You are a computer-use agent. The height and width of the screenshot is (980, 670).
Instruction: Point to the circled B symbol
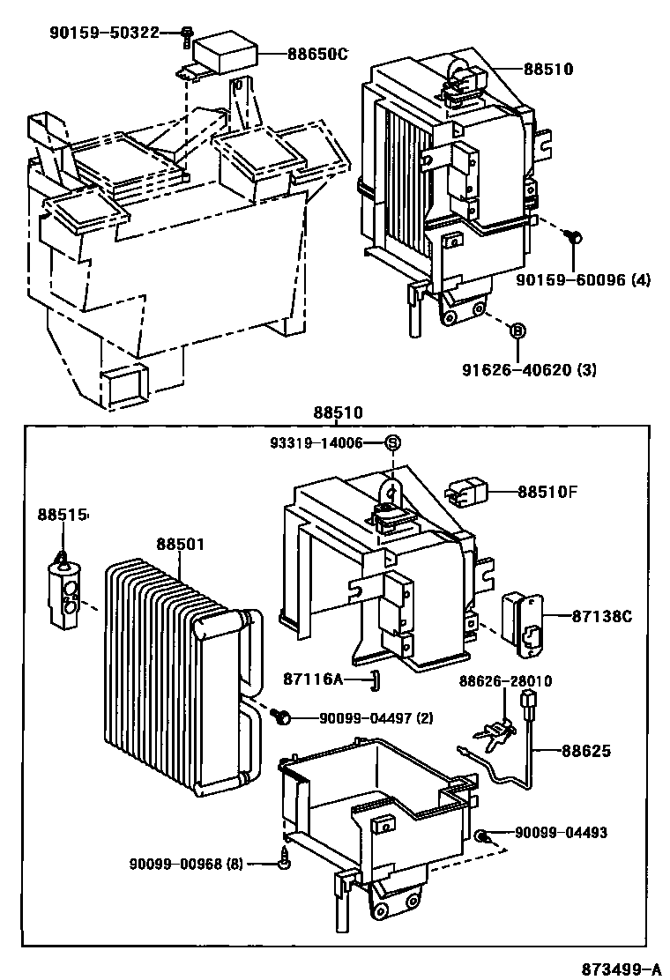[x=518, y=330]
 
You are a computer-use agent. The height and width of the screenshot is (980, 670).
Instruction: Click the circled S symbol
[x=393, y=442]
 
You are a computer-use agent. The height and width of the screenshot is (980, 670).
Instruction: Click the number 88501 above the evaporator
[x=181, y=545]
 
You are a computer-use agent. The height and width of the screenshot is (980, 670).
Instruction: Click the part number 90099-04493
[x=561, y=833]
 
